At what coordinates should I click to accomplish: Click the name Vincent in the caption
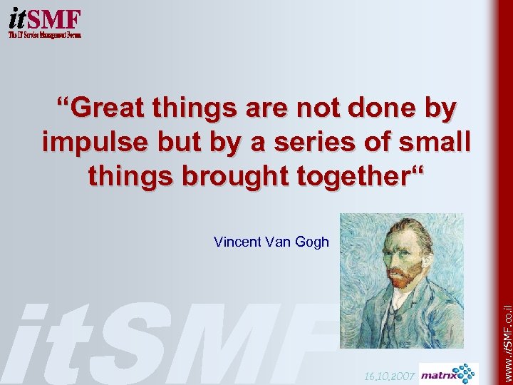point(237,242)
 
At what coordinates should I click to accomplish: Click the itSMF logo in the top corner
point(44,17)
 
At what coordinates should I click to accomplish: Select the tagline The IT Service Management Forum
point(44,34)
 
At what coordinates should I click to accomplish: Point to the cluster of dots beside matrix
point(467,372)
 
